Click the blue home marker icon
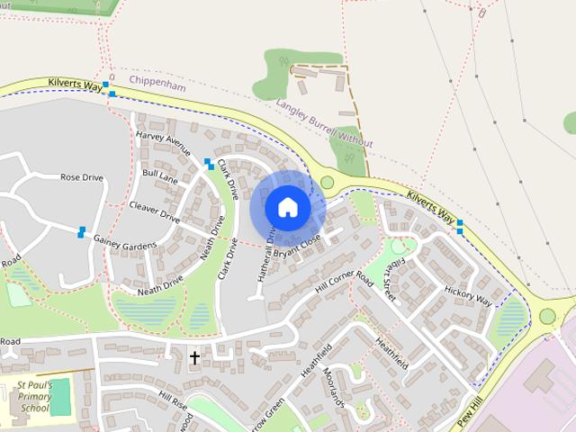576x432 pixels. tap(287, 207)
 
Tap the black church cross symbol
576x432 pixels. tap(194, 358)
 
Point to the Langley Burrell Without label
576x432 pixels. tap(324, 123)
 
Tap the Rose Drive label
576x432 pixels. tap(82, 177)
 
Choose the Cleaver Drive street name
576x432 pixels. tap(155, 211)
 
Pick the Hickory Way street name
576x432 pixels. tap(468, 295)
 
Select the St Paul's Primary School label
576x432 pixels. tap(34, 396)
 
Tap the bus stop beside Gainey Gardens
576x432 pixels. tap(81, 232)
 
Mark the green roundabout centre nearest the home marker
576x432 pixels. tap(327, 182)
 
